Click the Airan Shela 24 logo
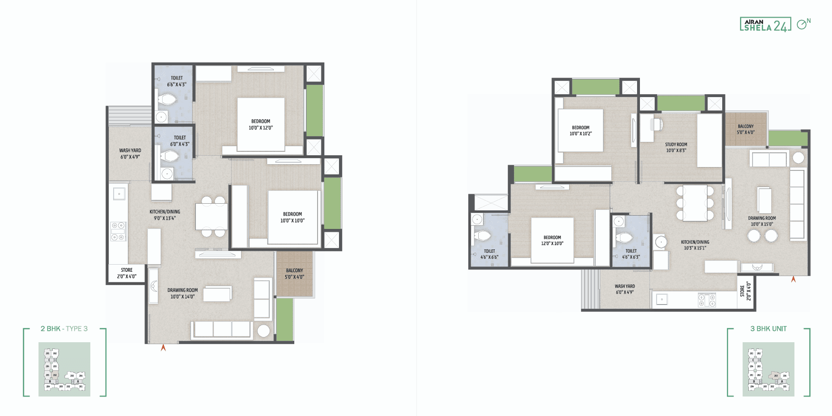pos(765,24)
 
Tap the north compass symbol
pos(803,24)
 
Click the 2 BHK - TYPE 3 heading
pos(64,328)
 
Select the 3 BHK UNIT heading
pos(768,328)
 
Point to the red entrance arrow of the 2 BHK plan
pos(163,347)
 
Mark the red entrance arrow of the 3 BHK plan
pos(793,279)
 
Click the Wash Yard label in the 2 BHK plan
pos(130,150)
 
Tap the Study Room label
pos(676,144)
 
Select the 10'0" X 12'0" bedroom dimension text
pos(261,128)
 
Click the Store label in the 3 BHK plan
pos(742,291)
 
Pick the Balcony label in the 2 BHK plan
pos(294,270)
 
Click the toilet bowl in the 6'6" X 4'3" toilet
pos(167,99)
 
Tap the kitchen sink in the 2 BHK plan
pos(119,193)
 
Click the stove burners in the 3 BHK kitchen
pos(707,300)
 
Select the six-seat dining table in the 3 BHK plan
pos(695,203)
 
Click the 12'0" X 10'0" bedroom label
pos(552,240)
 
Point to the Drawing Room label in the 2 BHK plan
pos(183,290)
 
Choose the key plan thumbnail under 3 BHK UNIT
pos(768,369)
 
